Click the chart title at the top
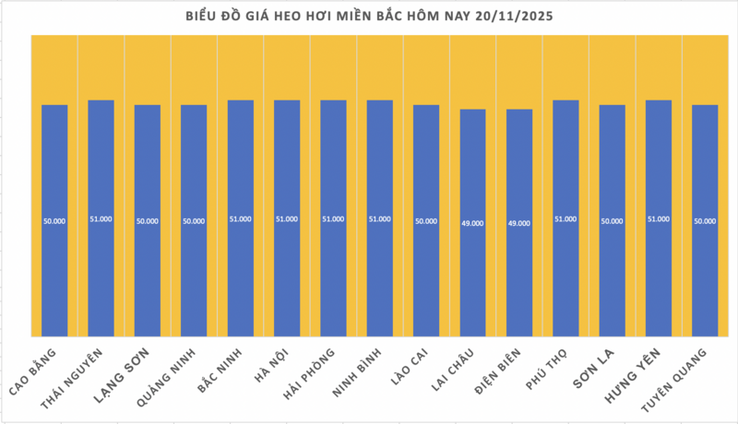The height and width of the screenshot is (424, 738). pos(369,17)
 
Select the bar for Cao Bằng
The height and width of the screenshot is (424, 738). pos(54,221)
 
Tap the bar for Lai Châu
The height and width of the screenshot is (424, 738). pos(472,221)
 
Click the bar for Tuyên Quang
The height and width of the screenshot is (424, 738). pos(705,221)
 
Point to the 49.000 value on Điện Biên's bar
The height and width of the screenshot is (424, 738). pos(519,223)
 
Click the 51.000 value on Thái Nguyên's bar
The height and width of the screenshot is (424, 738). pos(101,218)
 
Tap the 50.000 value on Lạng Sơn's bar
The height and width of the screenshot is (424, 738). pos(148,221)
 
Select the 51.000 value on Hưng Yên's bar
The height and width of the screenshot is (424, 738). pos(659,218)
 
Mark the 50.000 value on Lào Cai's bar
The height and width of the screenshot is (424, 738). pos(426,221)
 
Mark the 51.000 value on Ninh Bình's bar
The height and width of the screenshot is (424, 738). pos(380,218)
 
